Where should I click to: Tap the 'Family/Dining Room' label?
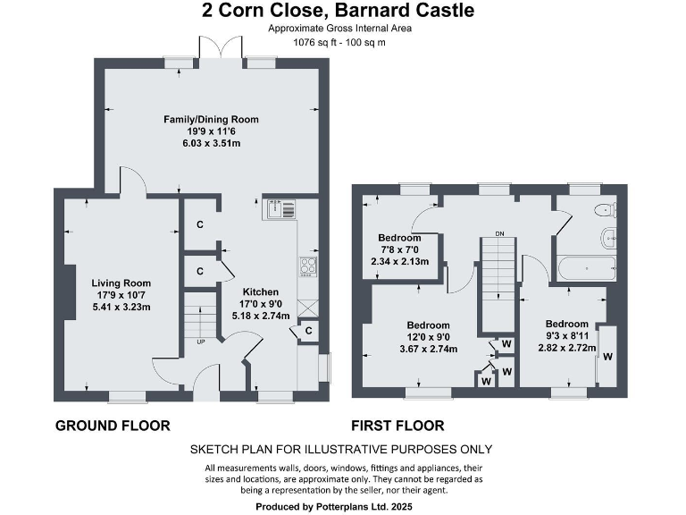pos(211,119)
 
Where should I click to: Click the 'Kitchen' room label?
pos(261,291)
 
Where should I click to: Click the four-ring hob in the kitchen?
pos(308,266)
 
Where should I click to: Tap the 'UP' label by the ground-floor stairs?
pos(202,341)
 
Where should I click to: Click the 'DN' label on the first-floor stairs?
pos(501,233)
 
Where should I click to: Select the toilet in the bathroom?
pos(605,211)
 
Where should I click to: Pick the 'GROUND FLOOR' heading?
pos(113,426)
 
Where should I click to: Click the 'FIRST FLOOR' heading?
pos(398,426)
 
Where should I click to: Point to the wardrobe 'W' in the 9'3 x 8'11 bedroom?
pos(607,357)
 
